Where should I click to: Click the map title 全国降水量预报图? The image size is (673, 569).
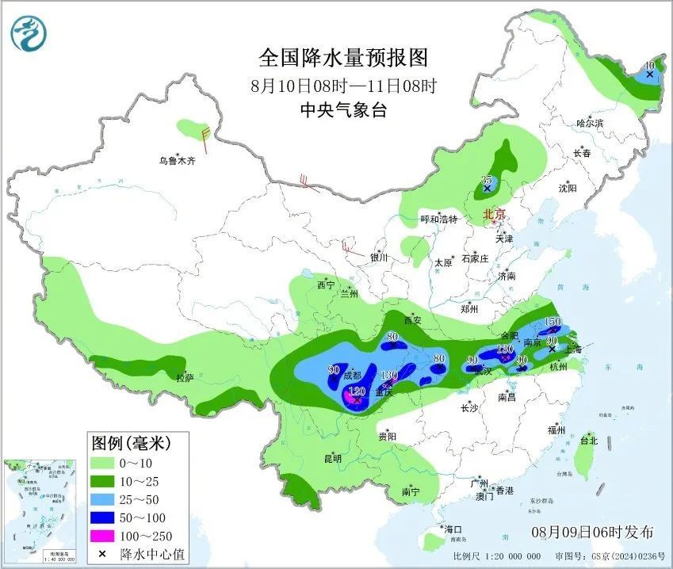(343, 58)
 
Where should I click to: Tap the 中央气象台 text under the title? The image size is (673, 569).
(343, 110)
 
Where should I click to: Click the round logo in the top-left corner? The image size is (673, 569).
(29, 33)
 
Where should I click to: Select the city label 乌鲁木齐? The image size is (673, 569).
(176, 161)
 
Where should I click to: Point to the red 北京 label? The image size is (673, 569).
(495, 214)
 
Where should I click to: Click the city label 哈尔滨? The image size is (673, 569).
(590, 124)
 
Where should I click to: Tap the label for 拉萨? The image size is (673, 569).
(184, 378)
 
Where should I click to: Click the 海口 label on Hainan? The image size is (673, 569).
(453, 529)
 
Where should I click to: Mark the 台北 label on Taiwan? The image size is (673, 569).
(588, 441)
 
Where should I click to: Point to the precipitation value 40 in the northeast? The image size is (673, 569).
(649, 65)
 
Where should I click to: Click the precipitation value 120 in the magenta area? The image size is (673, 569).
(358, 391)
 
